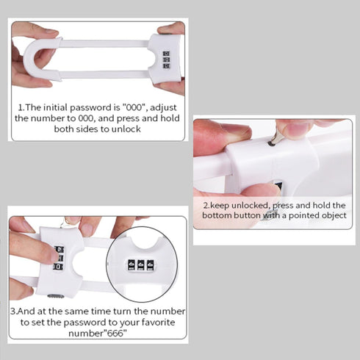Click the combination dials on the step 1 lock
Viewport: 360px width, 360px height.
click(x=166, y=60)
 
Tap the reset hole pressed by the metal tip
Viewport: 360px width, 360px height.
click(x=271, y=143)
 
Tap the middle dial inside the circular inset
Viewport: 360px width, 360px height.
click(x=141, y=264)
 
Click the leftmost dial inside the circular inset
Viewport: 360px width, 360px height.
click(x=129, y=264)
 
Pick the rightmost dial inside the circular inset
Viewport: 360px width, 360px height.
click(x=153, y=264)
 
